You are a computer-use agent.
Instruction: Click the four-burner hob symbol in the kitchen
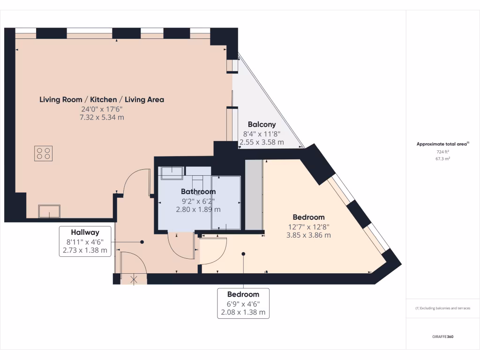click(43, 153)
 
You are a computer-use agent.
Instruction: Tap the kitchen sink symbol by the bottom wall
click(49, 211)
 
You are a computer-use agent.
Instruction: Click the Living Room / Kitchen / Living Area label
click(102, 99)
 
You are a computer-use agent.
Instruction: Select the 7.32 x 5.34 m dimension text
click(102, 117)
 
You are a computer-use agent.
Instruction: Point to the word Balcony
click(262, 125)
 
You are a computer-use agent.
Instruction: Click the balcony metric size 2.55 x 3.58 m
click(262, 142)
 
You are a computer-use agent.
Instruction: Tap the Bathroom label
click(198, 192)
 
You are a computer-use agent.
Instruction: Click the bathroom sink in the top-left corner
click(172, 172)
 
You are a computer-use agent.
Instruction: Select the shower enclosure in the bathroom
click(226, 202)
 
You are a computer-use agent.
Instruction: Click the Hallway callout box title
click(85, 232)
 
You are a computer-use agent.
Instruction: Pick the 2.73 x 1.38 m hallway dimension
click(85, 250)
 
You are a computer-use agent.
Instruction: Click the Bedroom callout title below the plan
click(243, 294)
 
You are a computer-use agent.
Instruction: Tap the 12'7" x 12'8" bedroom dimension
click(308, 227)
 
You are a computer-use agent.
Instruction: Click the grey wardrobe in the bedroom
click(254, 195)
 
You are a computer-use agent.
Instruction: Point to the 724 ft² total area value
click(443, 152)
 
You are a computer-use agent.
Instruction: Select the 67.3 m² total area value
click(443, 159)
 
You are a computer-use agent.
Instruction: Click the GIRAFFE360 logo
click(442, 337)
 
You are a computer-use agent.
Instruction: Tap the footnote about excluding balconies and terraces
click(442, 308)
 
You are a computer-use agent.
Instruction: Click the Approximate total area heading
click(442, 144)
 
